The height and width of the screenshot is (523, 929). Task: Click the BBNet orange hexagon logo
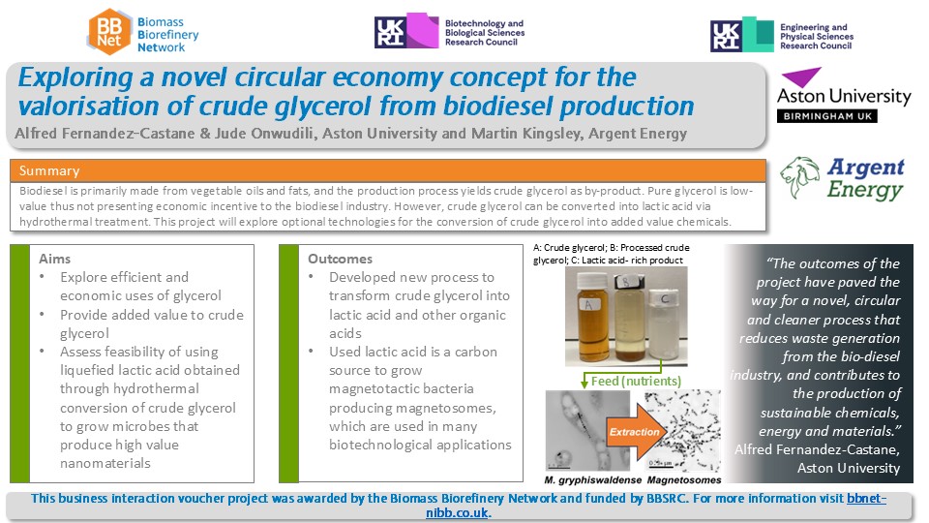tap(109, 32)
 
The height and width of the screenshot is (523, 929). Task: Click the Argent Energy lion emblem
tap(800, 176)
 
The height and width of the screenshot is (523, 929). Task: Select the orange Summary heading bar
tap(387, 170)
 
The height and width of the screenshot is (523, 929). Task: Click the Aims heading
tap(54, 259)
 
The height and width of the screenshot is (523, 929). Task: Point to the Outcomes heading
tap(340, 259)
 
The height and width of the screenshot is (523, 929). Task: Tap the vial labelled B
tap(629, 319)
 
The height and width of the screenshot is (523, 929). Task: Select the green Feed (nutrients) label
tap(636, 381)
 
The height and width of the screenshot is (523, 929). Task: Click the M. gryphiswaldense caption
tap(592, 479)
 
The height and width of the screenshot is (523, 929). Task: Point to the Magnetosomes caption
tap(684, 479)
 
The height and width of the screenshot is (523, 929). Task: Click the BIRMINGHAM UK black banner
tap(827, 116)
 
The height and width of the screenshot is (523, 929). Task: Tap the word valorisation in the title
tap(89, 107)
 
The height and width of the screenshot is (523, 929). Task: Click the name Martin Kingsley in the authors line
tap(526, 133)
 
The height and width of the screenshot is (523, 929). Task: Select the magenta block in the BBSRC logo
tap(423, 30)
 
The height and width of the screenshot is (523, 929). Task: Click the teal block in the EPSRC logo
tap(758, 34)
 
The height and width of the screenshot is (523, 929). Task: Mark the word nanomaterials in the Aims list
tap(105, 463)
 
